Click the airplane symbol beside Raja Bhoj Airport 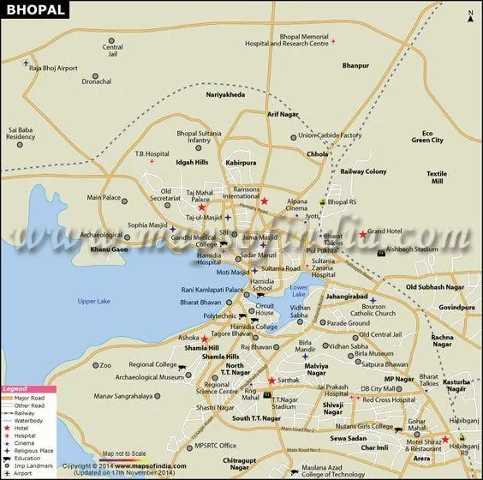point(27,64)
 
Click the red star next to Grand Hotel point(363,234)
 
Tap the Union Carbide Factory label point(329,135)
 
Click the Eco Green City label point(426,136)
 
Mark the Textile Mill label point(437,177)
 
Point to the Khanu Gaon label point(109,249)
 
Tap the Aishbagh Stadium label point(412,249)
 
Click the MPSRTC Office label point(215,446)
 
